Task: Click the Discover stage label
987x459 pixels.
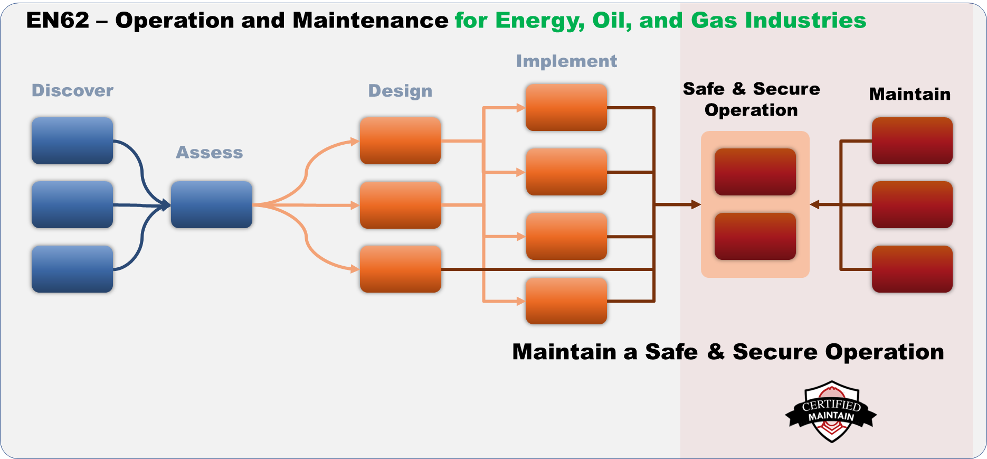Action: click(72, 90)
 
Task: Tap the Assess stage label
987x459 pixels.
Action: click(210, 152)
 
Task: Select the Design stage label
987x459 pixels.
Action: click(400, 91)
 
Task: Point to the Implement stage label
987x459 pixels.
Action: click(566, 61)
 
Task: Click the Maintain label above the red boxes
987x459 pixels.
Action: click(909, 94)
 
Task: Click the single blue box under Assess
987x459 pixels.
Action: click(212, 205)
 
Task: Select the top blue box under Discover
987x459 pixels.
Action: click(72, 140)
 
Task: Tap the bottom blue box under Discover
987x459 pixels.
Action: click(72, 269)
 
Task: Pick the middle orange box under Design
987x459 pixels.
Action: click(400, 205)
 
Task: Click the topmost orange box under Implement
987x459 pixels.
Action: click(566, 107)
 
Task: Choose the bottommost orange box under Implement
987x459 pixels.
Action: click(566, 301)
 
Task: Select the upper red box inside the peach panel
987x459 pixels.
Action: click(755, 172)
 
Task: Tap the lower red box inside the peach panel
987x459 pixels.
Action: click(755, 236)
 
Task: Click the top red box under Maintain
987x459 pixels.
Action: click(912, 140)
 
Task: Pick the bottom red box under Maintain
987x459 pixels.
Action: click(912, 269)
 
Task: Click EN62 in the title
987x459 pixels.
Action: click(58, 21)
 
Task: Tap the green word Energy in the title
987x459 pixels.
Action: click(539, 21)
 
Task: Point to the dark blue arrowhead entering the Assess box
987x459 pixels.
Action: click(166, 205)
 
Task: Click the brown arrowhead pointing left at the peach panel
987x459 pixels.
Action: click(815, 204)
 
